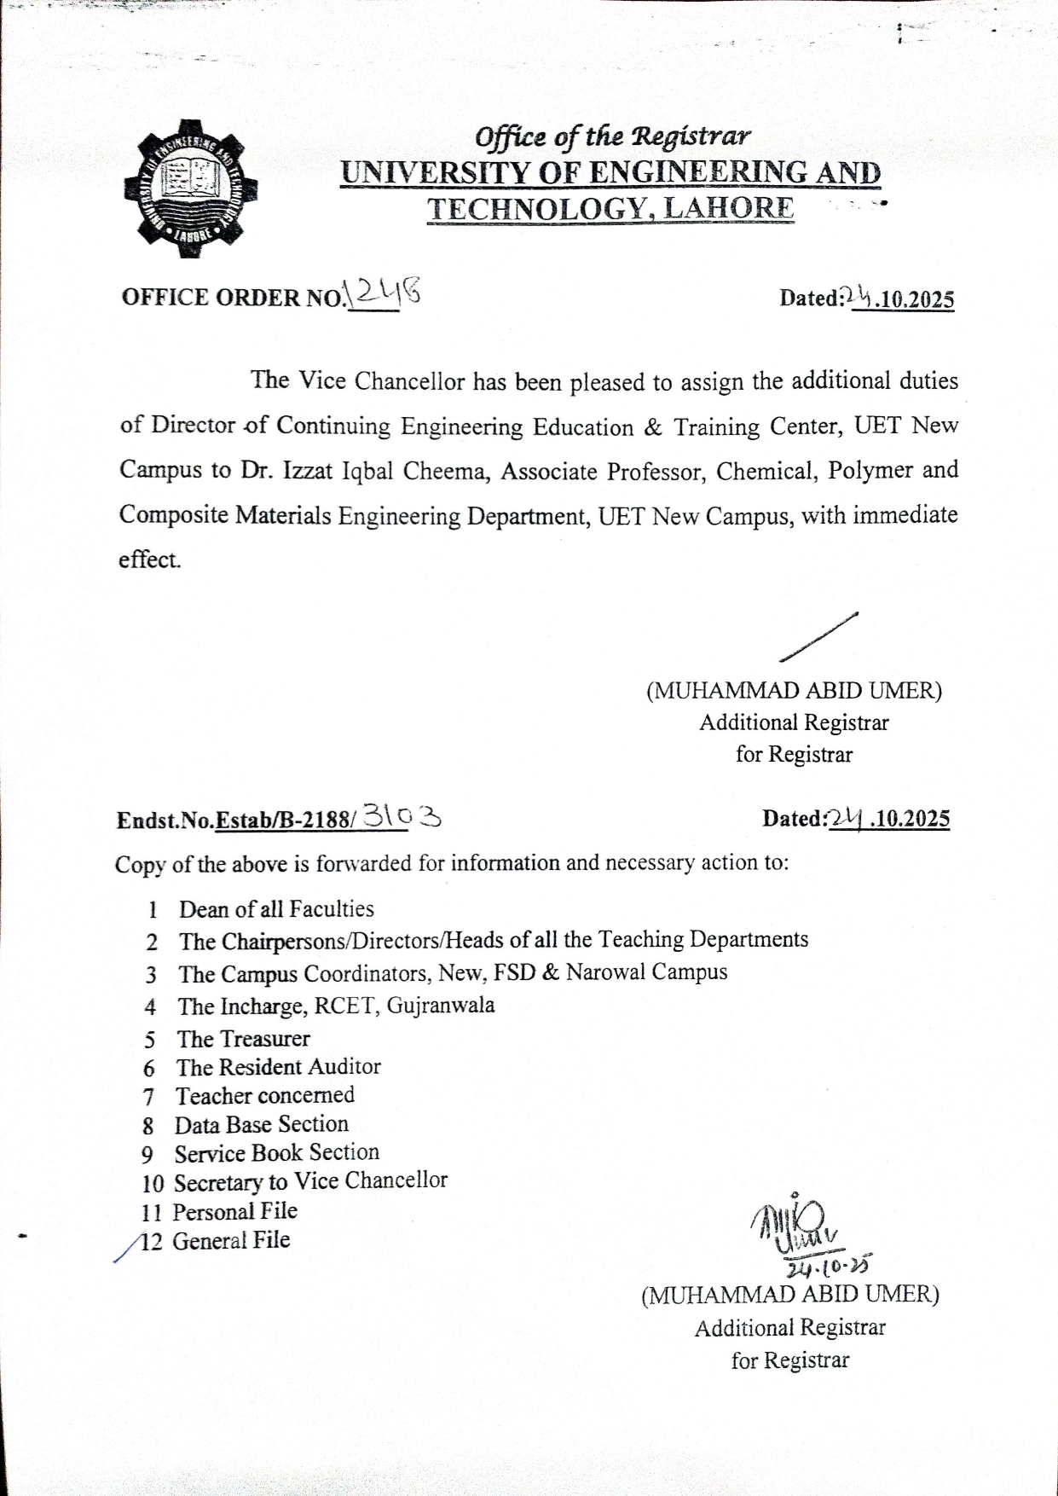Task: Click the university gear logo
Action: [191, 188]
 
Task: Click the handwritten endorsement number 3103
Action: [402, 817]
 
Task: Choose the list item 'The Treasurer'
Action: [243, 1039]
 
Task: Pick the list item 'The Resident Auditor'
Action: [278, 1067]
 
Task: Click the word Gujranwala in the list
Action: [440, 1006]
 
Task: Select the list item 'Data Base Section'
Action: [261, 1125]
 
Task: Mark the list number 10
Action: [153, 1184]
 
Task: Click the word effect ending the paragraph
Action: [149, 560]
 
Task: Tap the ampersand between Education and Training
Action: [653, 426]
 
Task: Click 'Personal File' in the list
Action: [234, 1212]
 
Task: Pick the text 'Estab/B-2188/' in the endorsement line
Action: [285, 820]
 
